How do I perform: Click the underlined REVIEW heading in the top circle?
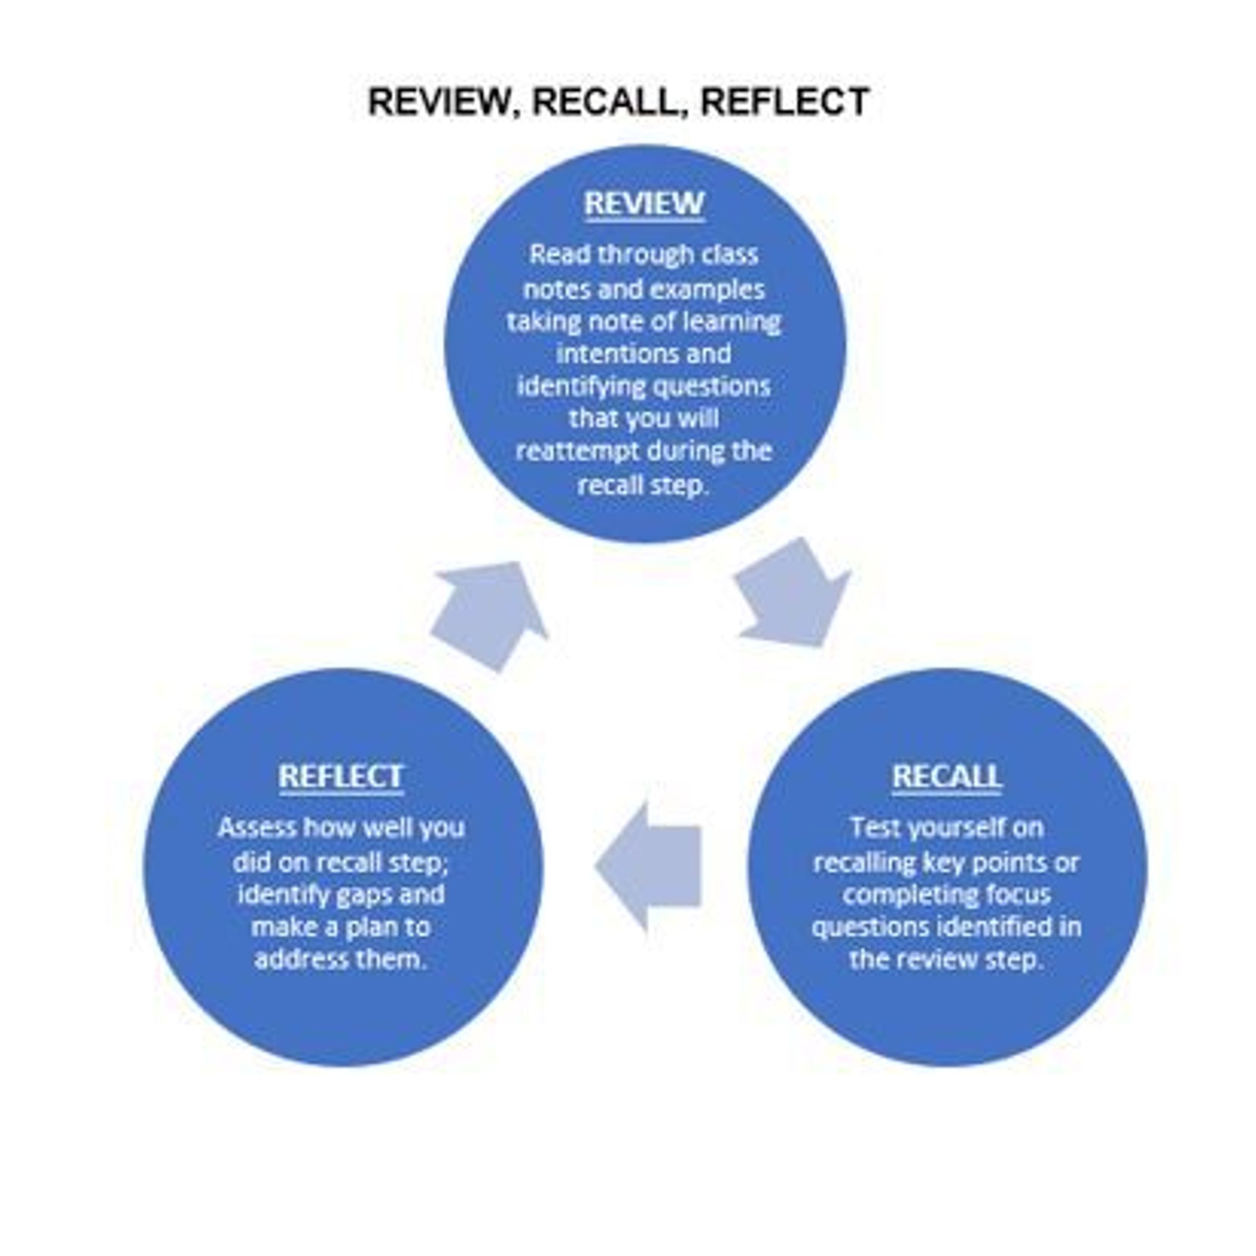pos(644,203)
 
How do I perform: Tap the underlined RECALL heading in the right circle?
pos(947,776)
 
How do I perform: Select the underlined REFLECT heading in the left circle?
pos(341,776)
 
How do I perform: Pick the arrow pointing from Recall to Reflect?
pos(650,867)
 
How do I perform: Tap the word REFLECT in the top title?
pos(785,102)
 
